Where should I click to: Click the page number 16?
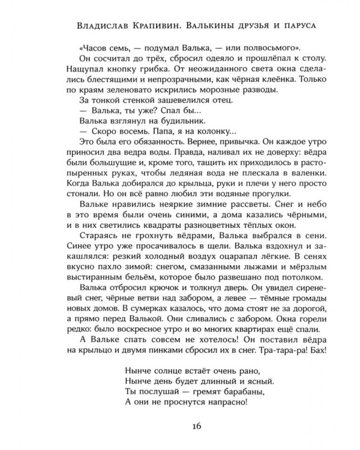180,426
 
